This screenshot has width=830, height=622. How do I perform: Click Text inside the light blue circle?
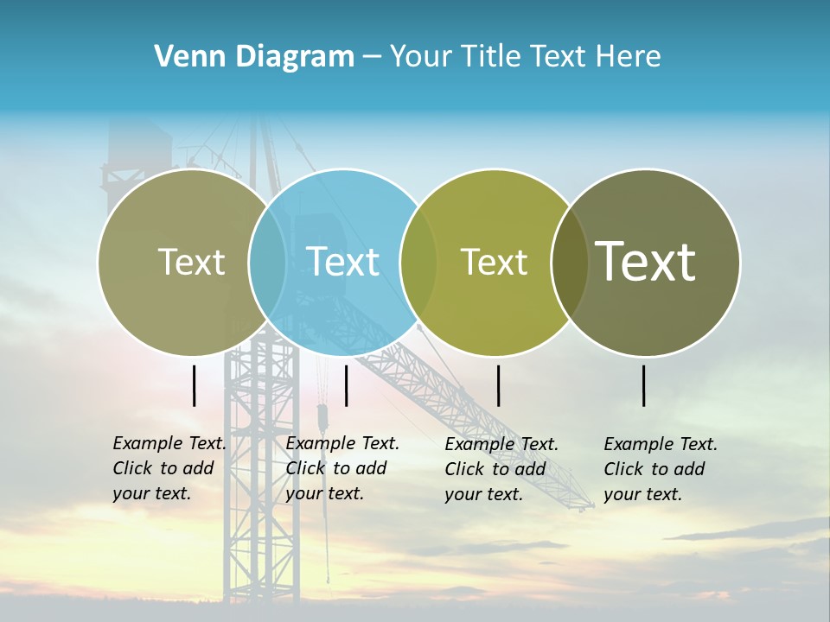[342, 262]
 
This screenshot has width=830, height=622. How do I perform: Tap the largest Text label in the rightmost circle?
[645, 261]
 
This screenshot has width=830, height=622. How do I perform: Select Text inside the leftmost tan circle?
[191, 262]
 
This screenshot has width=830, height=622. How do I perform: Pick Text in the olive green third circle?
[494, 262]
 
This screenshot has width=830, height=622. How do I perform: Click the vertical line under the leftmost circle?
[194, 385]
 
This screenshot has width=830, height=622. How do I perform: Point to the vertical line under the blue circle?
[346, 385]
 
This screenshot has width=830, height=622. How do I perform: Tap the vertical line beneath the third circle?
[498, 385]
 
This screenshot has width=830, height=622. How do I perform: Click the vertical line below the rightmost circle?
[643, 385]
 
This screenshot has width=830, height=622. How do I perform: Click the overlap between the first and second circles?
[267, 262]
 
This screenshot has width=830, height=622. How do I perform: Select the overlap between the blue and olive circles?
[418, 262]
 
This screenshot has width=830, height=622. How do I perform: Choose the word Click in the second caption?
[306, 468]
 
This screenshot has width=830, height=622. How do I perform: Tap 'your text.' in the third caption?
[484, 494]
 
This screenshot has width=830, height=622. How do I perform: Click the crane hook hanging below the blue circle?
[322, 419]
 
